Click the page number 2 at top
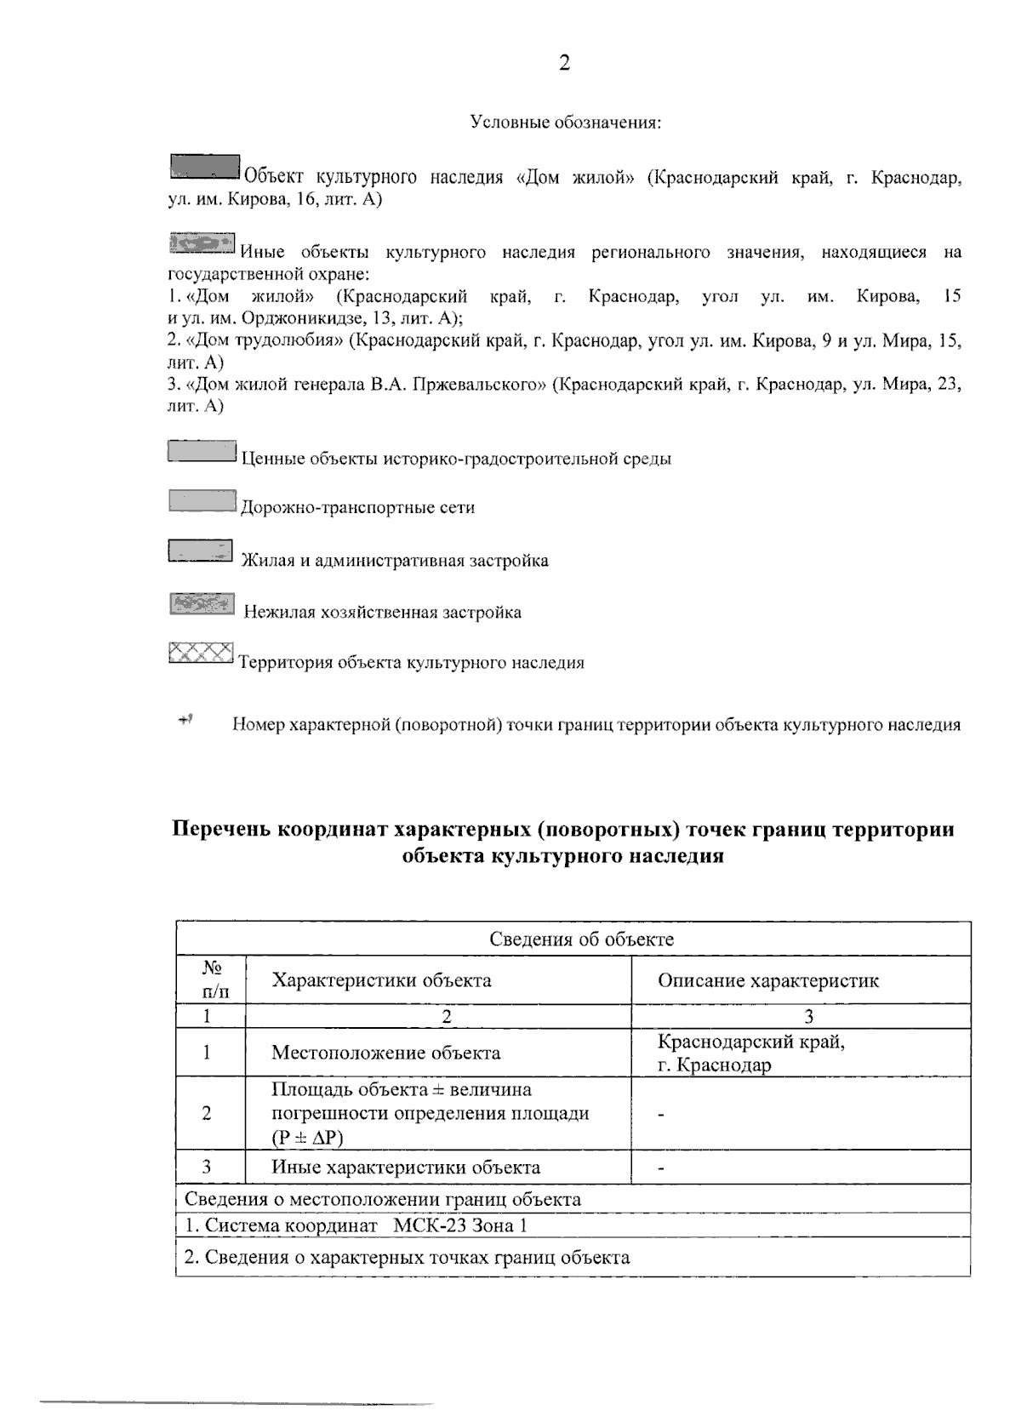564,64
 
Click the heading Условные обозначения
566,123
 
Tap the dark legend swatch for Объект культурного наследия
204,166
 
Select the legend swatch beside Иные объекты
202,243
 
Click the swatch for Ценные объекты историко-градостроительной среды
202,451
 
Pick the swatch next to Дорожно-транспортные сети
202,501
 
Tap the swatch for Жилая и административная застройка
201,551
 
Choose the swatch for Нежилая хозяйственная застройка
202,604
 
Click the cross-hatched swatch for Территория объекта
201,654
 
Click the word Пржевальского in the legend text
482,384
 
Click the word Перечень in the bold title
221,829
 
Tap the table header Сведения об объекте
581,939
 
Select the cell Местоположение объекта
385,1053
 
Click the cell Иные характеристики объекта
405,1168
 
